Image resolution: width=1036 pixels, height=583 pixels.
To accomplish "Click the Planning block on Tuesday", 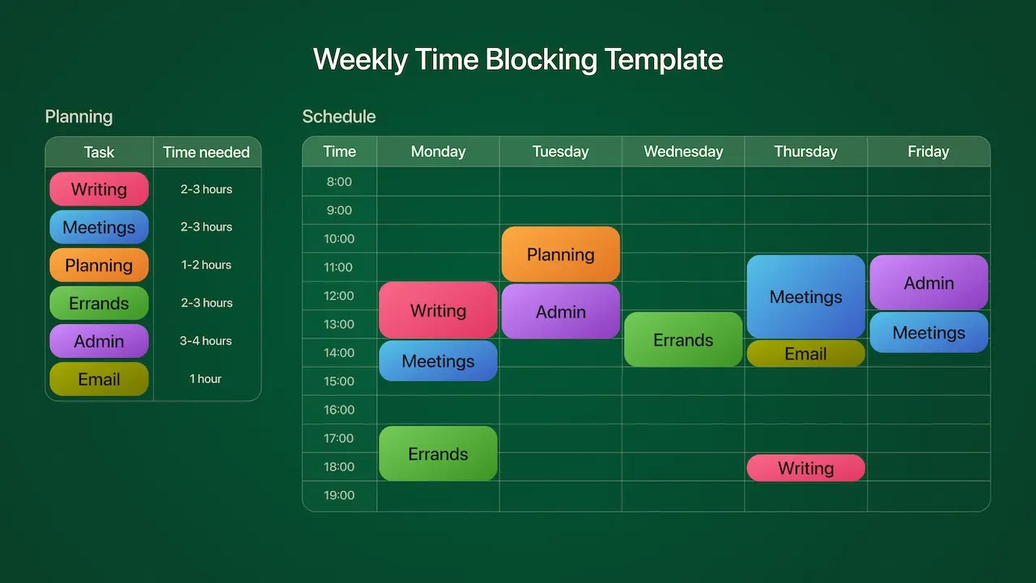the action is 561,254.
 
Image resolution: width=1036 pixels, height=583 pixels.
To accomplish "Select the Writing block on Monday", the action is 438,310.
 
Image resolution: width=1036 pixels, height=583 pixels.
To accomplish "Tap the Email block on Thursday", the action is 805,354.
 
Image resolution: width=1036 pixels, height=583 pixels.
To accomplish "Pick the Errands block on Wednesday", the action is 683,339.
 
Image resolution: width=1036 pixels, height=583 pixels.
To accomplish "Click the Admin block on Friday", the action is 928,283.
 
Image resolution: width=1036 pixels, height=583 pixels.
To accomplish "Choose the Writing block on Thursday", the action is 805,468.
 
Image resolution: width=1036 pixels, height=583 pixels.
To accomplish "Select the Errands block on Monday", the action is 438,453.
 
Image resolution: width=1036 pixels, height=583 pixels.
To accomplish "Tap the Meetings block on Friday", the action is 928,332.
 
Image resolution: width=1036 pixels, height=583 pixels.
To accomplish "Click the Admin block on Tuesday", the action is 561,312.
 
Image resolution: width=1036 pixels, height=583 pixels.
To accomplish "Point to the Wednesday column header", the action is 683,151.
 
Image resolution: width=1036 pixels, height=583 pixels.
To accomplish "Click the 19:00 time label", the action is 339,495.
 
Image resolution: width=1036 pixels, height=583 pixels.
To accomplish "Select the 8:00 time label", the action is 339,181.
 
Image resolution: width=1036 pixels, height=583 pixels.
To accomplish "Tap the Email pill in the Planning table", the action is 99,379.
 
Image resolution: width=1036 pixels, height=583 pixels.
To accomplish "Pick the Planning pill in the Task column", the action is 99,265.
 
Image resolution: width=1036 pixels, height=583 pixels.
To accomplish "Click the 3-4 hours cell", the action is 206,341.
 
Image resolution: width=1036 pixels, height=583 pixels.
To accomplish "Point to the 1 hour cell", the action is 206,379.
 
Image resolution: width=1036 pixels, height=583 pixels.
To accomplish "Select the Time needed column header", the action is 206,152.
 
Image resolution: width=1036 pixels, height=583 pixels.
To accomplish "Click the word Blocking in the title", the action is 541,60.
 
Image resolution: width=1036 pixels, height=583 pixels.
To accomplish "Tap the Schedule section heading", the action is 338,117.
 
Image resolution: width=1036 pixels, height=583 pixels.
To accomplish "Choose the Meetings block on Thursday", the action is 805,296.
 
